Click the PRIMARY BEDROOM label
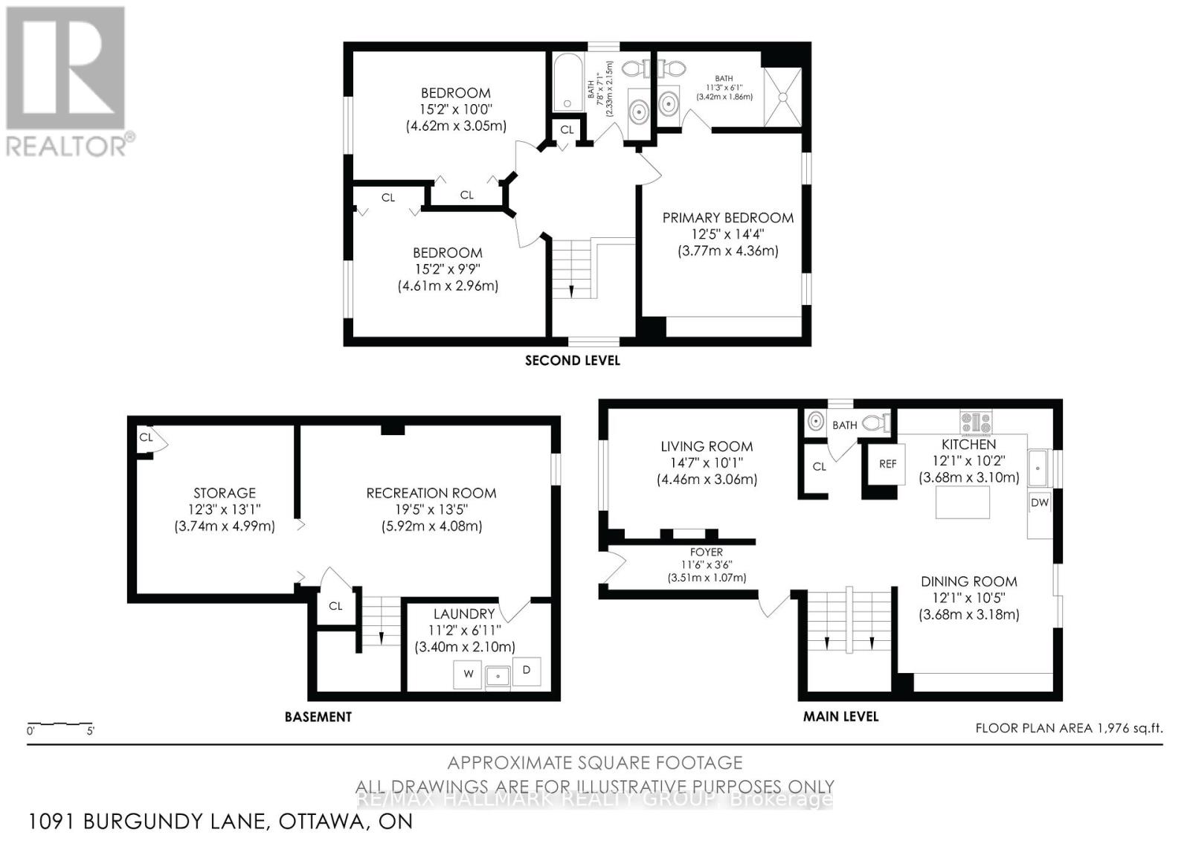(x=727, y=218)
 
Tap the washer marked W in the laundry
(x=468, y=674)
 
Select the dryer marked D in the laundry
(x=526, y=671)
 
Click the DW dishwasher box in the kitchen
(x=1039, y=503)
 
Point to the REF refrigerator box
(x=887, y=463)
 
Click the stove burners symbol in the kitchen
(x=976, y=422)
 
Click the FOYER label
(x=706, y=552)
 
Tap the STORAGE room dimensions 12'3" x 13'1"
(x=224, y=509)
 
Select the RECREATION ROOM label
(x=431, y=493)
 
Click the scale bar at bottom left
(x=59, y=724)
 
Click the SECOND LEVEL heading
(x=572, y=361)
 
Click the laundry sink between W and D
(x=497, y=676)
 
